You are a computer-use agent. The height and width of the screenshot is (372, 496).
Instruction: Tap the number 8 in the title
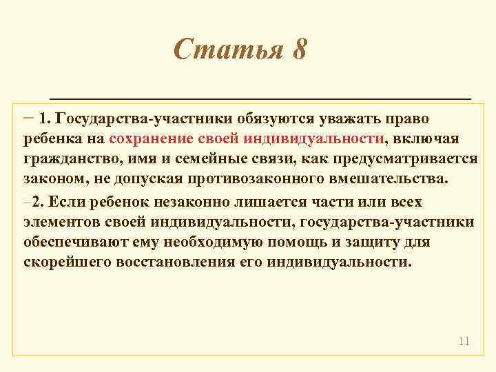[298, 50]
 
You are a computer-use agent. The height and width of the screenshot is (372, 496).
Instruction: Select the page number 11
[463, 341]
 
